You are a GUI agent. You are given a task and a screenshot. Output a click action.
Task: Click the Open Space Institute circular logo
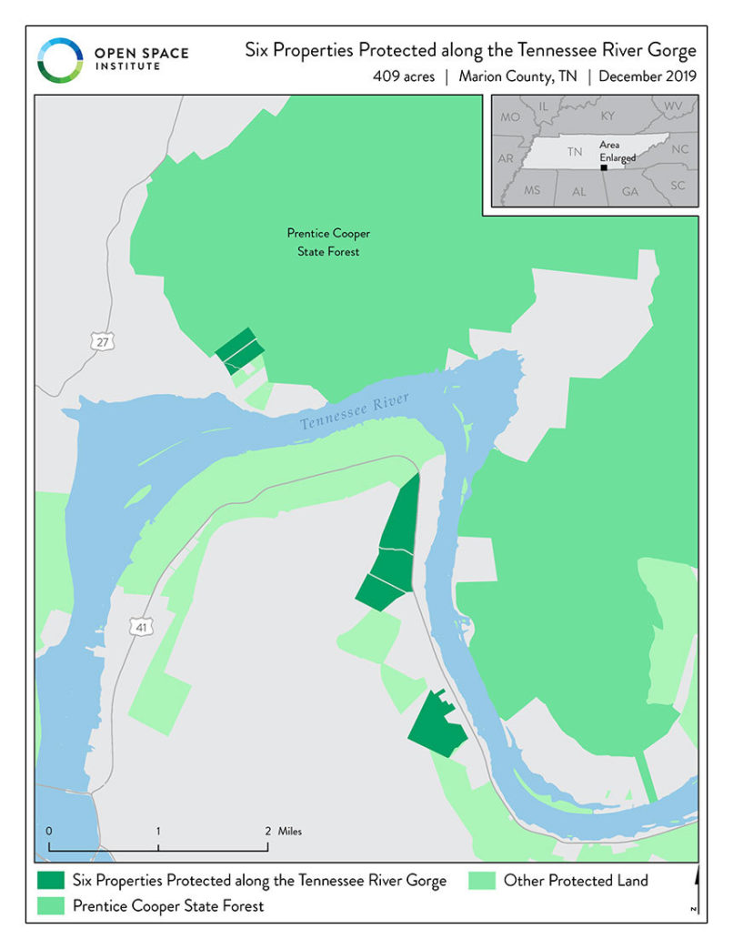(60, 59)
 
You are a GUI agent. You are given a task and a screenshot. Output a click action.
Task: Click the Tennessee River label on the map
(356, 412)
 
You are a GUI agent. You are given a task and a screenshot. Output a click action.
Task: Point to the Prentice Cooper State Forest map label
(328, 242)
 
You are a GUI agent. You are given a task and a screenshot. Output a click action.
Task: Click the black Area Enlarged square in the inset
(604, 167)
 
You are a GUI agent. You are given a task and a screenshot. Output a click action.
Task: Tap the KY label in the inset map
(607, 116)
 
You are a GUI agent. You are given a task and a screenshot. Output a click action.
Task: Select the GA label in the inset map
(629, 192)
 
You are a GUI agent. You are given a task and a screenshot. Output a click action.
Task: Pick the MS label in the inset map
(532, 190)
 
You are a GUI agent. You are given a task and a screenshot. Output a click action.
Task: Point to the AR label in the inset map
(507, 158)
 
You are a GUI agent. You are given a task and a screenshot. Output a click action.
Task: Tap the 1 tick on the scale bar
(158, 831)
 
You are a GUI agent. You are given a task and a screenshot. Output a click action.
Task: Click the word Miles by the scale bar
(291, 831)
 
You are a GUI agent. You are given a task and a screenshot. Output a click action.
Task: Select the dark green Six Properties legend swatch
(51, 880)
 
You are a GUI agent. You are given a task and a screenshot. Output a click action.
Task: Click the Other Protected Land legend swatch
(482, 880)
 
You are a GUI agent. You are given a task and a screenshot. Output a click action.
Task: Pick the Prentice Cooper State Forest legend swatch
(51, 905)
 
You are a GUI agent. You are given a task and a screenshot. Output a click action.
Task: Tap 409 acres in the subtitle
(404, 76)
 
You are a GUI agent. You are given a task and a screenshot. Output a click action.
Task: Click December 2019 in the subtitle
(648, 76)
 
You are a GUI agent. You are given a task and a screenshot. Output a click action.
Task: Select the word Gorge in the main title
(672, 50)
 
